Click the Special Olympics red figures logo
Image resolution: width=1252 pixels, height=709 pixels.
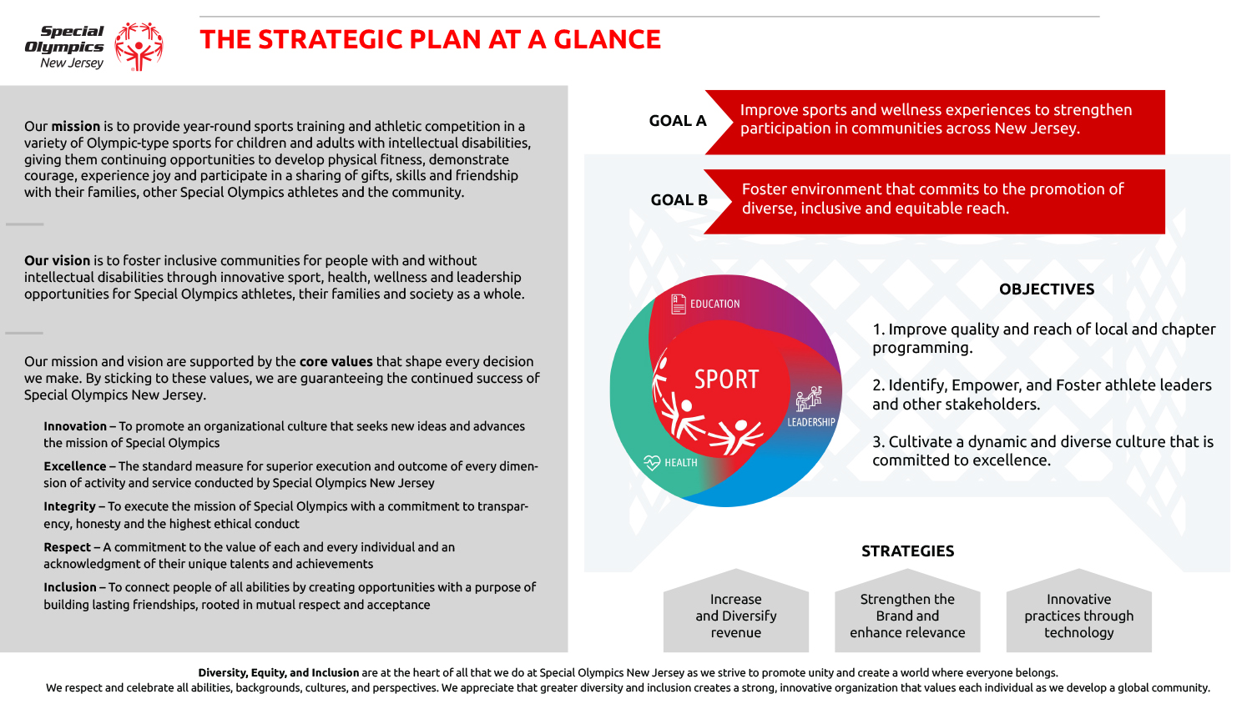(x=139, y=47)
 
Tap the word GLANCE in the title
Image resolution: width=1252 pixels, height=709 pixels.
(x=607, y=40)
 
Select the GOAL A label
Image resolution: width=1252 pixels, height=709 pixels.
(x=678, y=121)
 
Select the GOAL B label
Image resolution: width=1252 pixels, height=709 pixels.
(x=679, y=200)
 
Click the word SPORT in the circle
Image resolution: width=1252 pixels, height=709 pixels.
(x=727, y=380)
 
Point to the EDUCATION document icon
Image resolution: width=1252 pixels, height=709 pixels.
(x=678, y=304)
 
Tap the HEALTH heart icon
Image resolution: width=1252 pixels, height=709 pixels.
(x=652, y=463)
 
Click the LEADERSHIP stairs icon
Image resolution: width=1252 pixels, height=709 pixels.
(x=809, y=399)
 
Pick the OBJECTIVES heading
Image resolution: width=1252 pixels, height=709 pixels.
(x=1047, y=289)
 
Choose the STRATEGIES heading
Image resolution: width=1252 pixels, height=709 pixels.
(x=908, y=551)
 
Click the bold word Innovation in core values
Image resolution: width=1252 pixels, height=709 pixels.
(x=75, y=426)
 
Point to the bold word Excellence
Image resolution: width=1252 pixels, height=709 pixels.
(x=75, y=466)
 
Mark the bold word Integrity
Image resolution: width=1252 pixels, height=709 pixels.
(x=70, y=507)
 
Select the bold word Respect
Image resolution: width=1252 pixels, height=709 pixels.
(x=67, y=547)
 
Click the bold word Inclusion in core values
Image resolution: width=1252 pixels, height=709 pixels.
(x=70, y=587)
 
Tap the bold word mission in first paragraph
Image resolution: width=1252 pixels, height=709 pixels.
(x=75, y=126)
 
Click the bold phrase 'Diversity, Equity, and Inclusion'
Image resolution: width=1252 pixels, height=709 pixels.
(x=278, y=672)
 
